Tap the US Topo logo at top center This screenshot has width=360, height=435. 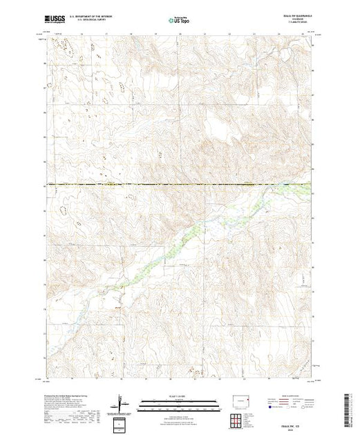180,21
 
